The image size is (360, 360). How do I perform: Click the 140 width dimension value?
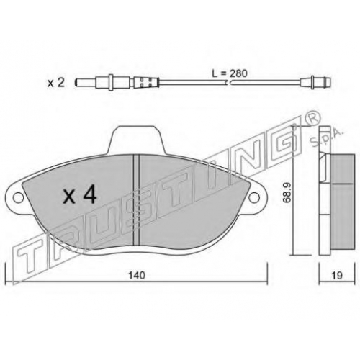[x=137, y=275]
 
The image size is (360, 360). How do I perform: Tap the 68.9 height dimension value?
[x=287, y=192]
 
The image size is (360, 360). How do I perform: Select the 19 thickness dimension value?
[x=337, y=275]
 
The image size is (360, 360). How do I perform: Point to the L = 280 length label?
[x=230, y=73]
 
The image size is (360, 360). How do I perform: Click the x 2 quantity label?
[x=56, y=83]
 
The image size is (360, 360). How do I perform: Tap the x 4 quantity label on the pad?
[x=80, y=195]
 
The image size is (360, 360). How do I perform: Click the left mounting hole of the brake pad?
[x=18, y=197]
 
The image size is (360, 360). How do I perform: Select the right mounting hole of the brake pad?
[x=254, y=197]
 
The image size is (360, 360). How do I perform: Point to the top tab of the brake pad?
[x=135, y=139]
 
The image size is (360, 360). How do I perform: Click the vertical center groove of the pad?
[x=136, y=200]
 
